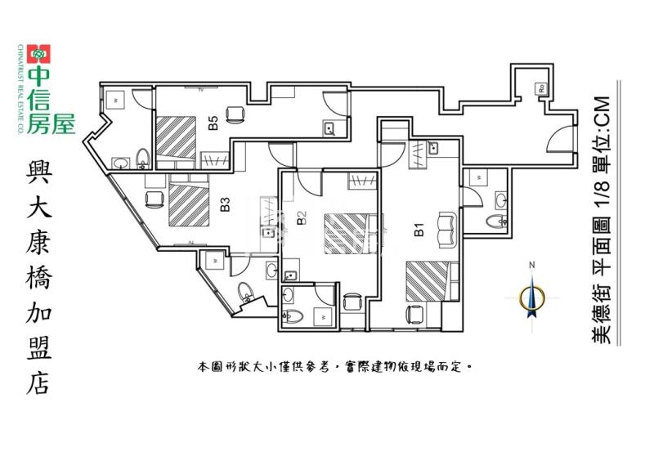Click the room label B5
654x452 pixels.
pyautogui.click(x=213, y=124)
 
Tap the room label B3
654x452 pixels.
pyautogui.click(x=224, y=204)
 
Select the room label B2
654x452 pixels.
pyautogui.click(x=301, y=217)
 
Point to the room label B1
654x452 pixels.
pyautogui.click(x=419, y=229)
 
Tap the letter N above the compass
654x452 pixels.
pyautogui.click(x=531, y=265)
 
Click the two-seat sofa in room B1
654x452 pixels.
pyautogui.click(x=448, y=228)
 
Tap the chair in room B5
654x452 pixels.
pyautogui.click(x=235, y=114)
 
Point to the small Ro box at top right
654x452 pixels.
pyautogui.click(x=541, y=88)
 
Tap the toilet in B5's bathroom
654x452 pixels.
pyautogui.click(x=142, y=157)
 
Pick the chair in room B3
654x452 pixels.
pyautogui.click(x=152, y=199)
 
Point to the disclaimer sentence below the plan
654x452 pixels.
pyautogui.click(x=335, y=368)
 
